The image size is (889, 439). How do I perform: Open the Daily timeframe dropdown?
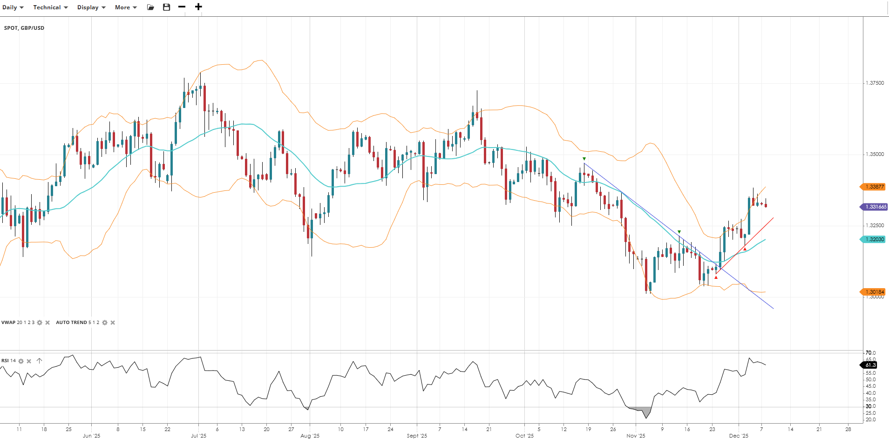click(x=13, y=7)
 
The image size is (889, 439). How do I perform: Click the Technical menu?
click(x=50, y=7)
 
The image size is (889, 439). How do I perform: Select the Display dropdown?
click(x=91, y=7)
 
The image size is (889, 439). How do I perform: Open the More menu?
click(x=126, y=7)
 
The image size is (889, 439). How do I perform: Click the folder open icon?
click(x=150, y=7)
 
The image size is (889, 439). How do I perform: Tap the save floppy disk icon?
click(x=166, y=7)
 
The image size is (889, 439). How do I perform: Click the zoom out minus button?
click(x=182, y=7)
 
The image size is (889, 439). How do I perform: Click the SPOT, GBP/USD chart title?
click(x=24, y=28)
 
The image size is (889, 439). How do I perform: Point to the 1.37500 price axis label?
click(x=875, y=83)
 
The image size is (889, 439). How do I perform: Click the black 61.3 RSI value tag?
click(x=870, y=365)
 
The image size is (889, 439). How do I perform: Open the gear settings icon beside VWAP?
click(x=40, y=323)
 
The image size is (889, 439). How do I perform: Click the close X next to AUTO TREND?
click(x=113, y=323)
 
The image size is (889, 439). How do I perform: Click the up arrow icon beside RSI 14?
click(x=39, y=361)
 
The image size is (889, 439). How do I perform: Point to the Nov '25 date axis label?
click(x=636, y=436)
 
